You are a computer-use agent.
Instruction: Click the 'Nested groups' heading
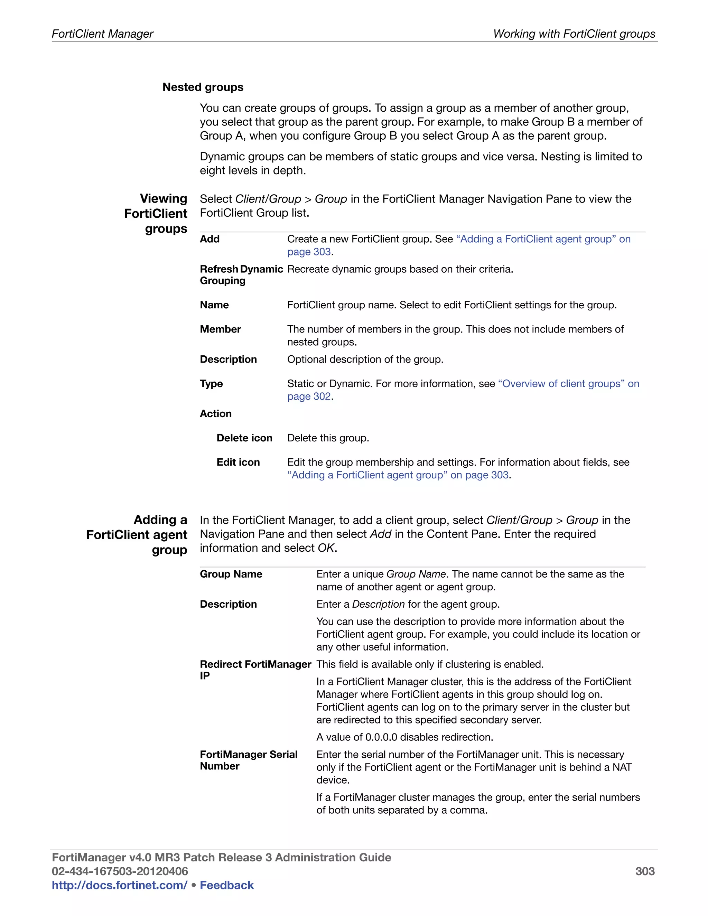[x=203, y=87]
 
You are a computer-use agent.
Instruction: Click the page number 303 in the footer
[x=644, y=871]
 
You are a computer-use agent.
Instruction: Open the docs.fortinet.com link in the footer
[x=120, y=885]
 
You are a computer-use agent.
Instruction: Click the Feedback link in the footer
[x=226, y=885]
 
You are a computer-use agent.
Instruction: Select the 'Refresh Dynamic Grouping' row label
[x=241, y=275]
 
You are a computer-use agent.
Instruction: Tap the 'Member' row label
[x=220, y=329]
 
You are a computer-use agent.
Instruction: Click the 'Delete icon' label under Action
[x=244, y=438]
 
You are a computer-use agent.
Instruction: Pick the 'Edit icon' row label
[x=238, y=462]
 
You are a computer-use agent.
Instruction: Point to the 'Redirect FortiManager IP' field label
[x=255, y=670]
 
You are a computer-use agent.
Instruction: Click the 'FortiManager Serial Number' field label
[x=248, y=760]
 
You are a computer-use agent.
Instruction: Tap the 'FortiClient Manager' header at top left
[x=102, y=34]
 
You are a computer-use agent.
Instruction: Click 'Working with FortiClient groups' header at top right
[x=574, y=34]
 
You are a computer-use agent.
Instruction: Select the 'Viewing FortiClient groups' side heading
[x=156, y=214]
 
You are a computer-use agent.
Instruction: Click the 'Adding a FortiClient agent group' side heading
[x=137, y=535]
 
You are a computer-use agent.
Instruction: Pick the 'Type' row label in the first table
[x=211, y=384]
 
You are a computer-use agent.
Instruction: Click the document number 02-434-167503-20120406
[x=120, y=871]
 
